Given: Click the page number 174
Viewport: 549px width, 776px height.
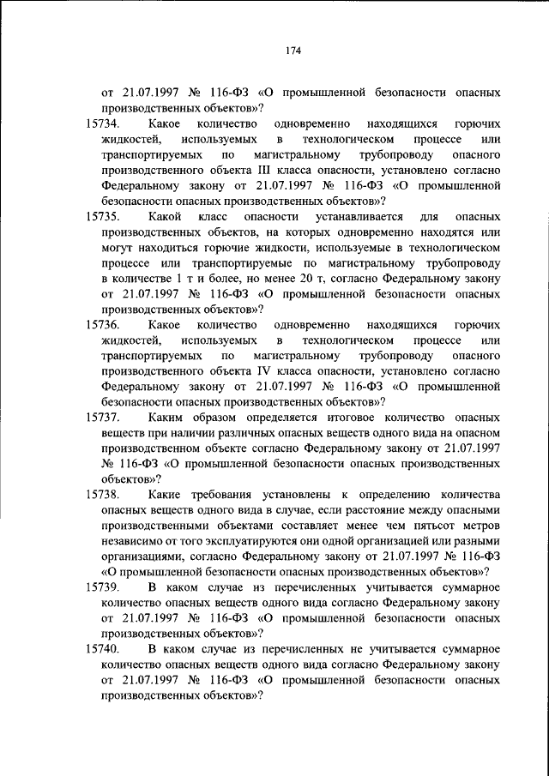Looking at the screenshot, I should coord(292,50).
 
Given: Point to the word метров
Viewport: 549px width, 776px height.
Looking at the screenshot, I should coord(476,525).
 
